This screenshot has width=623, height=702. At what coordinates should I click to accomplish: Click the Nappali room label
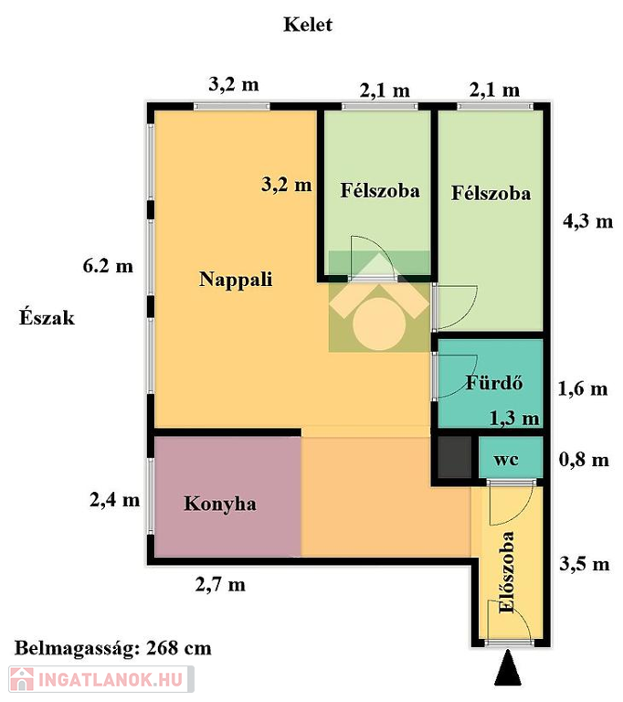point(236,280)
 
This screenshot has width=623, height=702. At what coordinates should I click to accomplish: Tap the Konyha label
point(220,504)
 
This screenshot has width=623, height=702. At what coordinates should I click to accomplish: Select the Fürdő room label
point(494,382)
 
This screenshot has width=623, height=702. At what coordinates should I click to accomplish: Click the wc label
point(506,460)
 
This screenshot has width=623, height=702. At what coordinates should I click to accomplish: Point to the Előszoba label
point(507,571)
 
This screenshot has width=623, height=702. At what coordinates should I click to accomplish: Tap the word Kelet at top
point(308,25)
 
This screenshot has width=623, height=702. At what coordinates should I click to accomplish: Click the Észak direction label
point(47,317)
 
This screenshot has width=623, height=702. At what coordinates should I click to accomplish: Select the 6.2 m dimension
point(108,266)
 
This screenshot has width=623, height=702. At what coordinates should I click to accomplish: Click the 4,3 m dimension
point(587,221)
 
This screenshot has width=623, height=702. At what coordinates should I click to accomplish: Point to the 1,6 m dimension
point(583,388)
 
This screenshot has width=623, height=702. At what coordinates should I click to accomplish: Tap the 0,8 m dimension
point(584,460)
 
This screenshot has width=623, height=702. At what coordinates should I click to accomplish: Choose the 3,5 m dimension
point(585,564)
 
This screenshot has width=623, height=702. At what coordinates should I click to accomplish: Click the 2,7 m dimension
point(220,585)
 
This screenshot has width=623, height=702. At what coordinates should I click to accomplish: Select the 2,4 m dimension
point(114,500)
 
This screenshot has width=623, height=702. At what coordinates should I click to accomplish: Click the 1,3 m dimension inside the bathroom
point(514,418)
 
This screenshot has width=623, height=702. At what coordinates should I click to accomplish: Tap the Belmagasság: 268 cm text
point(112,648)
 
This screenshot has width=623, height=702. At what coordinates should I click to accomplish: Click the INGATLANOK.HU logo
point(101,679)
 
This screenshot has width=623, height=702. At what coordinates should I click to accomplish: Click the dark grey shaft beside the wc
point(454,458)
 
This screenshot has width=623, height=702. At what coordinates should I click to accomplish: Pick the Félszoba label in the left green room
point(380,191)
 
